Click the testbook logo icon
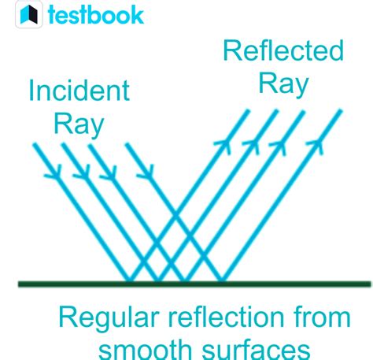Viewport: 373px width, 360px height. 29,14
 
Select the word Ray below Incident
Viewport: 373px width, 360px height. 79,123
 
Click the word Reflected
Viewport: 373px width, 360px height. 283,51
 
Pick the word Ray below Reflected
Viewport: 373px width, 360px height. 283,84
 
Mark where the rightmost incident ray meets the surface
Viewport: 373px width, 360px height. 223,281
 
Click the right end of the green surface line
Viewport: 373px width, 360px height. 368,283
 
